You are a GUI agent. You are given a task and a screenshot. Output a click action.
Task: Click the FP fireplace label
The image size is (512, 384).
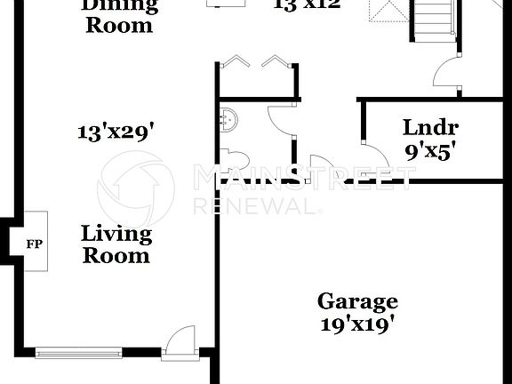pos(33,243)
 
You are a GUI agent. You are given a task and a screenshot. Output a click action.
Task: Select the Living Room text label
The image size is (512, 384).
pos(116,244)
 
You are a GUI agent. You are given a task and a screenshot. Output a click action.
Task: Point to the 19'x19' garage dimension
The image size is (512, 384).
pos(357,324)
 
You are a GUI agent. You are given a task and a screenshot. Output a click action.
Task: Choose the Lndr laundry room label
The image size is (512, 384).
pos(430,127)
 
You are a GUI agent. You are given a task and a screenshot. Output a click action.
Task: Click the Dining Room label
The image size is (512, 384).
pos(119,15)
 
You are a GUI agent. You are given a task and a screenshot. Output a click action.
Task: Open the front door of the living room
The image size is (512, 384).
pos(181,342)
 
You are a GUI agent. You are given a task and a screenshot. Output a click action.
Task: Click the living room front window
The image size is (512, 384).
pos(78,354)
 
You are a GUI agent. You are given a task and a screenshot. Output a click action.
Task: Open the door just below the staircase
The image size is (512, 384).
pos(446,73)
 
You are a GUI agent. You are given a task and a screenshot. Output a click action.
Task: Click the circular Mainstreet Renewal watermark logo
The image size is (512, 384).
pos(136,188)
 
